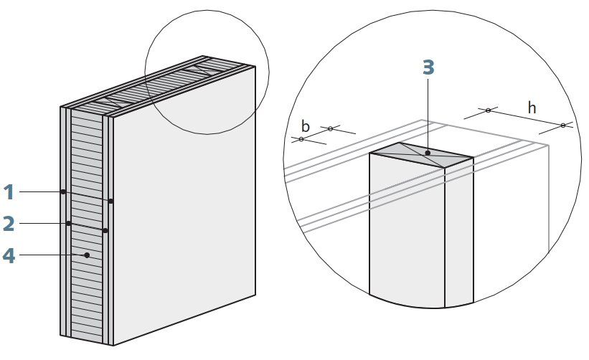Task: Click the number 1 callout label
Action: pos(9,192)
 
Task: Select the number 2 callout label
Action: pos(9,224)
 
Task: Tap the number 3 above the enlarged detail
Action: pos(428,67)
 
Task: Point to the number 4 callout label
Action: pos(9,256)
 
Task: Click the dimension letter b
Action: pos(306,126)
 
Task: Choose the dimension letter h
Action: pos(532,108)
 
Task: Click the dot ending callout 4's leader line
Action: pos(87,255)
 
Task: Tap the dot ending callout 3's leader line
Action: pos(428,153)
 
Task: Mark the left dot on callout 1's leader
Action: pos(63,191)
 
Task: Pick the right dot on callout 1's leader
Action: pos(110,202)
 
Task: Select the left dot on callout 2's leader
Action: pos(68,223)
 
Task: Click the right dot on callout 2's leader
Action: pos(105,230)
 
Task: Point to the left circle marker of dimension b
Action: pos(301,139)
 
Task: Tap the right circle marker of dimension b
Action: pos(330,129)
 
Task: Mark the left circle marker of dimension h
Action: pos(488,110)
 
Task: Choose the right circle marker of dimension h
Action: pos(562,125)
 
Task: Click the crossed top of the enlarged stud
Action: pos(421,155)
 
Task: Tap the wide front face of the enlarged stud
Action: pos(407,229)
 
